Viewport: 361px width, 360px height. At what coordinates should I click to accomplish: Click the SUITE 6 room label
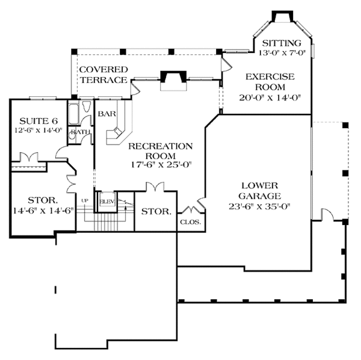tap(39, 121)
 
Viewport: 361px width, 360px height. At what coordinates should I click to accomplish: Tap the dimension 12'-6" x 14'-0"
tap(39, 131)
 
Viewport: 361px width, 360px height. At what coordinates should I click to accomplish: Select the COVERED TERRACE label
tap(103, 75)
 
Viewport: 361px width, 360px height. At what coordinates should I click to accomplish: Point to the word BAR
tap(107, 114)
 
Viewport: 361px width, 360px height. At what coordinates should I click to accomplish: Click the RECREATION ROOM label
tap(161, 151)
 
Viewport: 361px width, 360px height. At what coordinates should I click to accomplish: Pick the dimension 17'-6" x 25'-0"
tap(161, 165)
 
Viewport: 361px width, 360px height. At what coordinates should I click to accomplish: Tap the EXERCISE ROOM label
tap(270, 82)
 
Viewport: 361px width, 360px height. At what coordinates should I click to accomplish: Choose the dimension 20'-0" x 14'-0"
tap(270, 98)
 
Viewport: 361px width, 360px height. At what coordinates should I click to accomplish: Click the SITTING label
tap(282, 43)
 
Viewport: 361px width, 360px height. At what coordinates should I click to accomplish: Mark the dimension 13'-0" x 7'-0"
tap(282, 53)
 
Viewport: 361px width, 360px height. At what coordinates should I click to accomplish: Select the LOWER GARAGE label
tap(260, 191)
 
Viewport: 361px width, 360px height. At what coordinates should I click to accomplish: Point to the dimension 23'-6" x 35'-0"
tap(259, 206)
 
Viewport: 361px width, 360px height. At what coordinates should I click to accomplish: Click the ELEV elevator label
tap(107, 202)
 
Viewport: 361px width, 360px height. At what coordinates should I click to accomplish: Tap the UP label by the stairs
tap(85, 200)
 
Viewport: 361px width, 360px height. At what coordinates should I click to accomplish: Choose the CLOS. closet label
tap(191, 222)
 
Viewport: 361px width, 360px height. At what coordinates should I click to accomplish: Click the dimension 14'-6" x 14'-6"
tap(43, 211)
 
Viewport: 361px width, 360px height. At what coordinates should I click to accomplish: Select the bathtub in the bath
tap(74, 114)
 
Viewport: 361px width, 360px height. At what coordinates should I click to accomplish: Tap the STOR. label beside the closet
tap(156, 211)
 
